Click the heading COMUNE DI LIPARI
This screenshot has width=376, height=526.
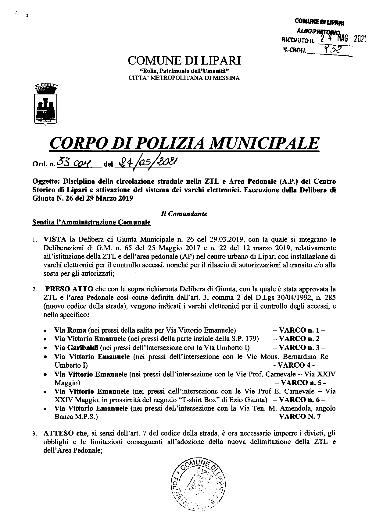184,61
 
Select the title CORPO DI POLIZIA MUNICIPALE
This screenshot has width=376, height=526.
184,144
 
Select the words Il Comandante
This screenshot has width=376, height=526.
184,214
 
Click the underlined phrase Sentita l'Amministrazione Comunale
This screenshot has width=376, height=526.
91,222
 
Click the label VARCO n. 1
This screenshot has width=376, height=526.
299,330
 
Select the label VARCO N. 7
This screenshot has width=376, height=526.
299,417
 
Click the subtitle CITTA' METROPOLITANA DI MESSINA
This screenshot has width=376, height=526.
184,78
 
